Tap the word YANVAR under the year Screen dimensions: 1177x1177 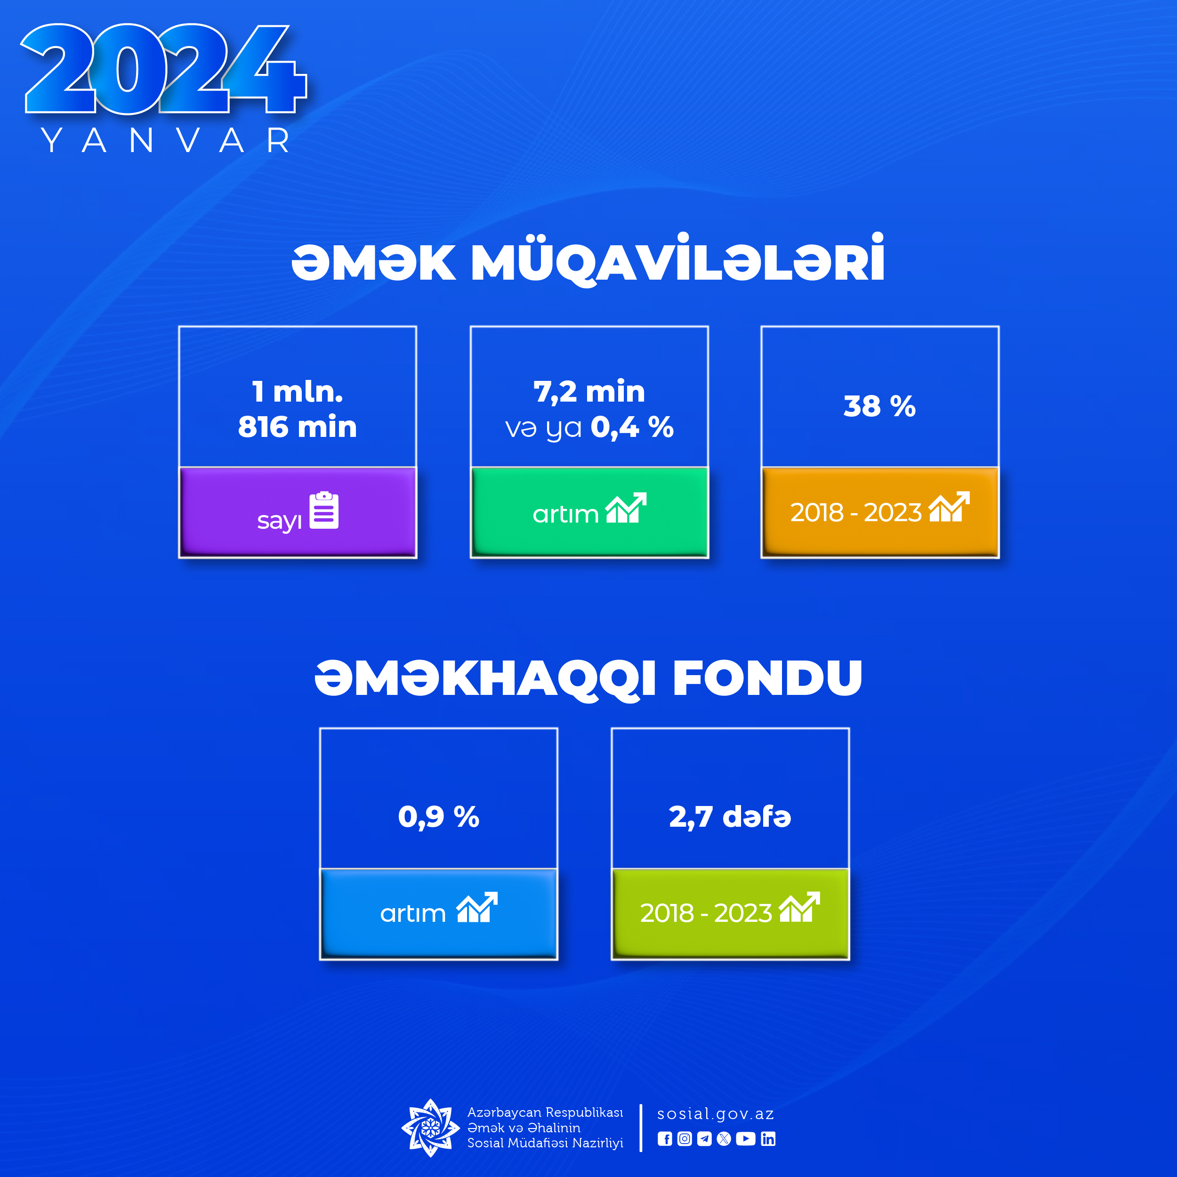pos(166,141)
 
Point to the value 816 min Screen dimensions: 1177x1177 pos(297,427)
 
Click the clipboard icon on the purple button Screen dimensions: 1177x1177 pos(324,510)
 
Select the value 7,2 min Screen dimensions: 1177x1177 pos(589,392)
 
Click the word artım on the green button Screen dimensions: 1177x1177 pos(565,515)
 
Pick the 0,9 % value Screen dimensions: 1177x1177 pos(439,817)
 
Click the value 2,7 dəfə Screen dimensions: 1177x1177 pos(730,817)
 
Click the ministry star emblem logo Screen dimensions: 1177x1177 pos(430,1128)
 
